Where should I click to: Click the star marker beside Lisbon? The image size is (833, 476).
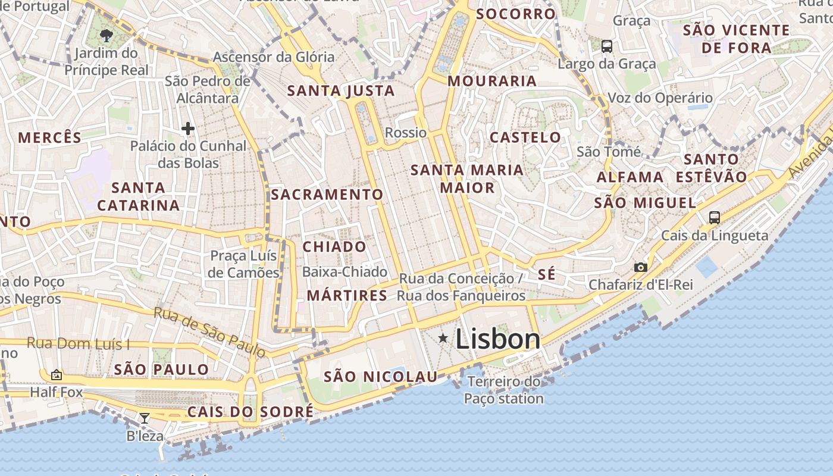click(x=443, y=339)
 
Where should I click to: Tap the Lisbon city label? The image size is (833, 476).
click(x=498, y=339)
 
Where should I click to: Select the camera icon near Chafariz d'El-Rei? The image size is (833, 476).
click(x=640, y=267)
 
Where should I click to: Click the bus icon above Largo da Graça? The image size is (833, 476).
click(x=607, y=46)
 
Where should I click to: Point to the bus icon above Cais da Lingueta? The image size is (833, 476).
click(x=715, y=218)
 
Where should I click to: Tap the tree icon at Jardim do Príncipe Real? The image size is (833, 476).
click(x=107, y=36)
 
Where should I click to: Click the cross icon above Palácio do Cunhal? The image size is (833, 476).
click(x=188, y=128)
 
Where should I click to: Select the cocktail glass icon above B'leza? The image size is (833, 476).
click(x=145, y=418)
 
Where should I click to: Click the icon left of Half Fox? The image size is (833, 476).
click(x=57, y=375)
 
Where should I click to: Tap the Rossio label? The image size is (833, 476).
click(x=406, y=132)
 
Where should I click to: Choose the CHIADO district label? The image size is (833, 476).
click(x=334, y=246)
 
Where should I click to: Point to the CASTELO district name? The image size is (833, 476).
click(x=525, y=137)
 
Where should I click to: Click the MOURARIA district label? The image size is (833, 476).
click(x=492, y=81)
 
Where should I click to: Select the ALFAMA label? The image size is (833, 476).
click(x=630, y=177)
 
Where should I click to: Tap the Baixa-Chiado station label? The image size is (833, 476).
click(x=345, y=272)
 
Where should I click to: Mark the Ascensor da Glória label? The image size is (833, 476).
click(x=274, y=57)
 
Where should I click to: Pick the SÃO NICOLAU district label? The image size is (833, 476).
click(x=381, y=377)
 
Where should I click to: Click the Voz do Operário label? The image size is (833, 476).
click(x=660, y=98)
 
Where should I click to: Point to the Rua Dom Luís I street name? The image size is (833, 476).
click(x=79, y=343)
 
